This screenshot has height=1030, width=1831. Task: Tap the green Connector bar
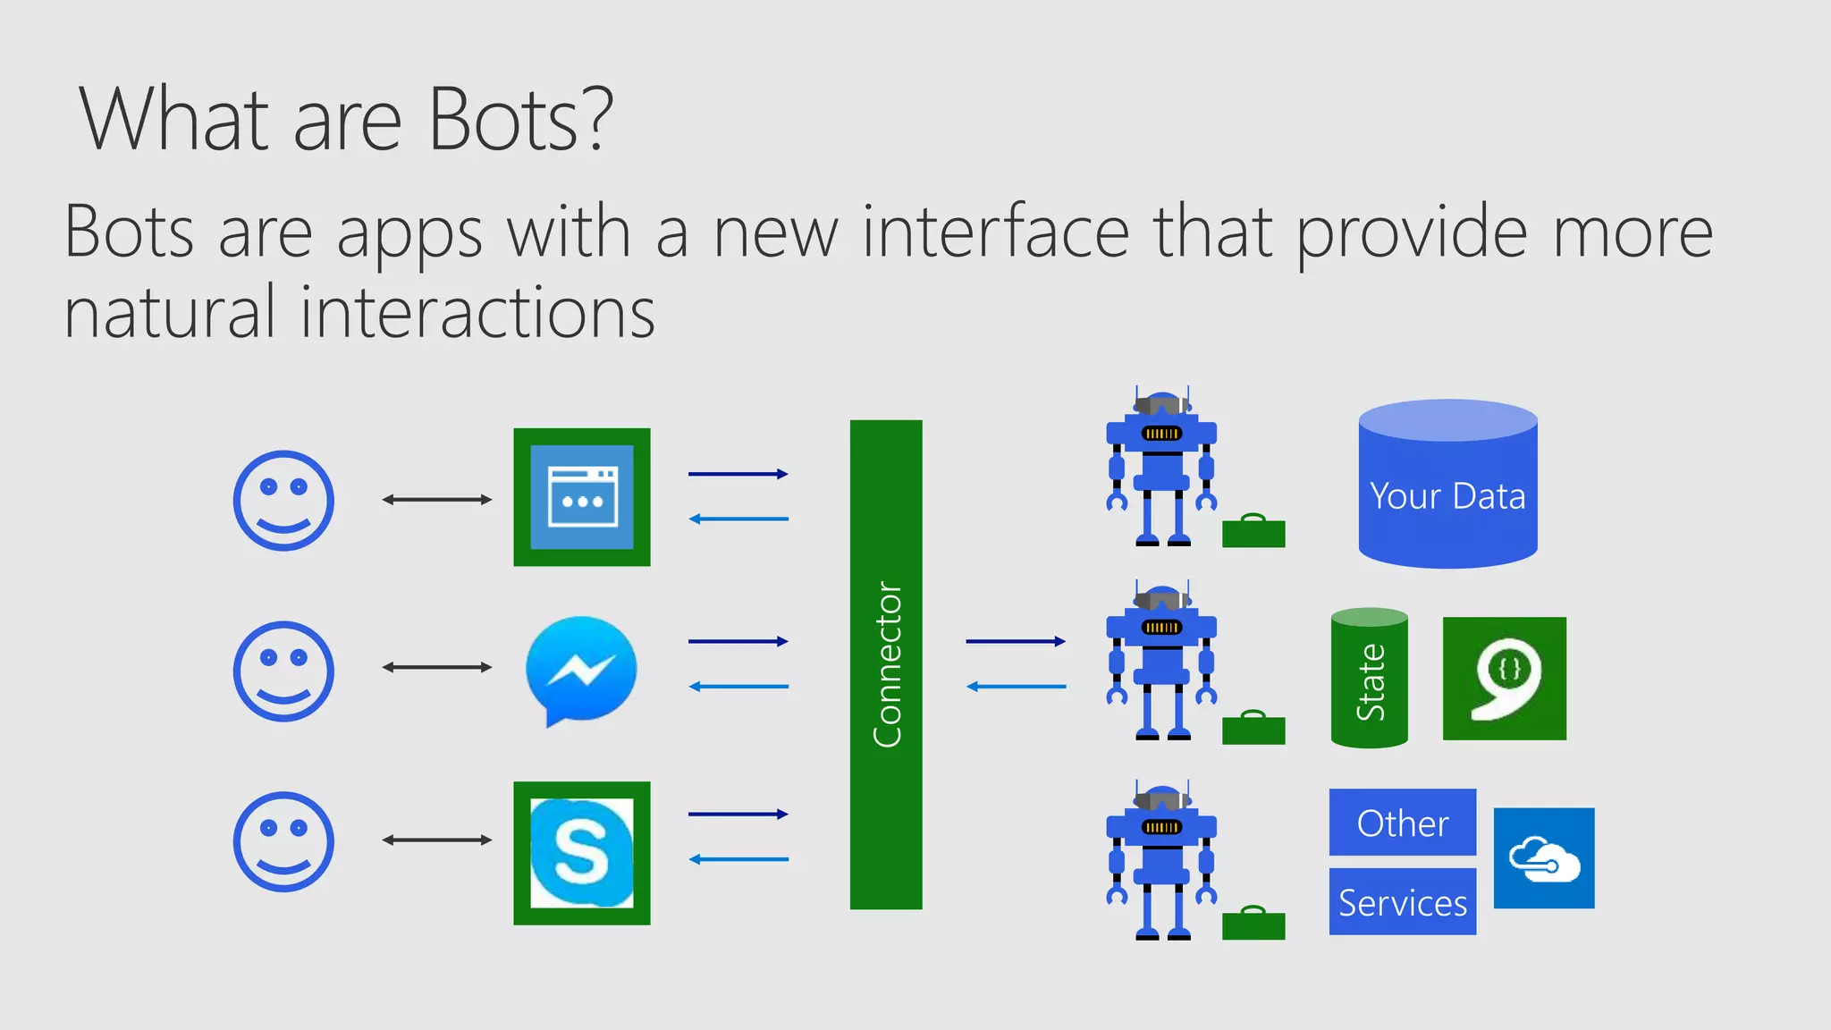click(x=885, y=664)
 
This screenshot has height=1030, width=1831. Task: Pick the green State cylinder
click(x=1369, y=679)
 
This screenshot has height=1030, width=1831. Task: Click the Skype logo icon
click(x=582, y=853)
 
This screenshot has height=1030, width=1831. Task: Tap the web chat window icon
click(x=582, y=497)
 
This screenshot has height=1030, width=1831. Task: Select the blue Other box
click(x=1402, y=823)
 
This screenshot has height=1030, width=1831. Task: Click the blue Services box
click(x=1402, y=902)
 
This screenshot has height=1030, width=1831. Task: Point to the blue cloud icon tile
click(x=1544, y=858)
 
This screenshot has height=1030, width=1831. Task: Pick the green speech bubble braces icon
click(x=1504, y=679)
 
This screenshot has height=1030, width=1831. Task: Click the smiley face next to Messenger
click(x=283, y=671)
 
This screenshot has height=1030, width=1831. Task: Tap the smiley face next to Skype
click(x=283, y=841)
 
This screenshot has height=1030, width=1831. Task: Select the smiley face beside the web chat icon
click(x=283, y=500)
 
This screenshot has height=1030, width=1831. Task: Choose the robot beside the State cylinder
click(x=1161, y=663)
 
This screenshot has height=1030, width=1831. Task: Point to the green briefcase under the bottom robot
click(x=1253, y=924)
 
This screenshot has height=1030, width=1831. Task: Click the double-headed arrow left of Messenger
click(x=437, y=667)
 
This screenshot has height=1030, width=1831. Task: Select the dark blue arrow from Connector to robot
click(x=1016, y=641)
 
